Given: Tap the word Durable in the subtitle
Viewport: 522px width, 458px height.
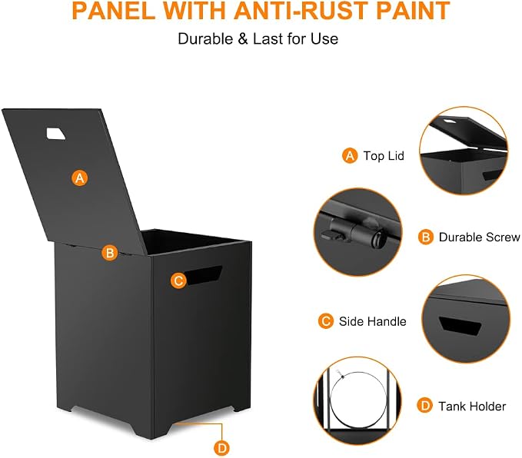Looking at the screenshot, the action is tap(205, 38).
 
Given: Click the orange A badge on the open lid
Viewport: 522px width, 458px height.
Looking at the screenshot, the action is tap(80, 178).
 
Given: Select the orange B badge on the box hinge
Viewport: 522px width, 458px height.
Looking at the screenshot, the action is tap(109, 253).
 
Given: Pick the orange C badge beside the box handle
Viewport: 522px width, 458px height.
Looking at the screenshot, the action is tap(178, 280).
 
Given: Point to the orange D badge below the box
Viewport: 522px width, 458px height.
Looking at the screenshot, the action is tap(221, 448).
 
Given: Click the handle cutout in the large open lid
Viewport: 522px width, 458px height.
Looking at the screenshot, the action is tap(55, 134).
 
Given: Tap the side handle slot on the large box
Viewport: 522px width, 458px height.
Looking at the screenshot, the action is tap(204, 275).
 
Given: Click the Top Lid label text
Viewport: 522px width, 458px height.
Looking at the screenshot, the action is tap(384, 156).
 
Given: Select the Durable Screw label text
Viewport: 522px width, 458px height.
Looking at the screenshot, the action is tap(479, 237).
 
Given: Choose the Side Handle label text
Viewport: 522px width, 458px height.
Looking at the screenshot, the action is tap(373, 321).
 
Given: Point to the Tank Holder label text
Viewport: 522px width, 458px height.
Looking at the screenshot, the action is tap(472, 406).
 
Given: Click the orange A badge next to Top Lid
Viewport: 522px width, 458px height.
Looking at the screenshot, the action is tap(350, 156).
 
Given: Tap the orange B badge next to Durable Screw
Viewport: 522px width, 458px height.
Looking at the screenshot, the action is tap(425, 237).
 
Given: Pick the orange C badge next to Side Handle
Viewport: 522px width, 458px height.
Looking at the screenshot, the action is tap(326, 321).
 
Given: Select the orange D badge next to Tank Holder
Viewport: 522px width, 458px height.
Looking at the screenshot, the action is tap(425, 406).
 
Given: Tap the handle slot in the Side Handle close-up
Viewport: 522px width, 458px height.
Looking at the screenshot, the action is tap(460, 326).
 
